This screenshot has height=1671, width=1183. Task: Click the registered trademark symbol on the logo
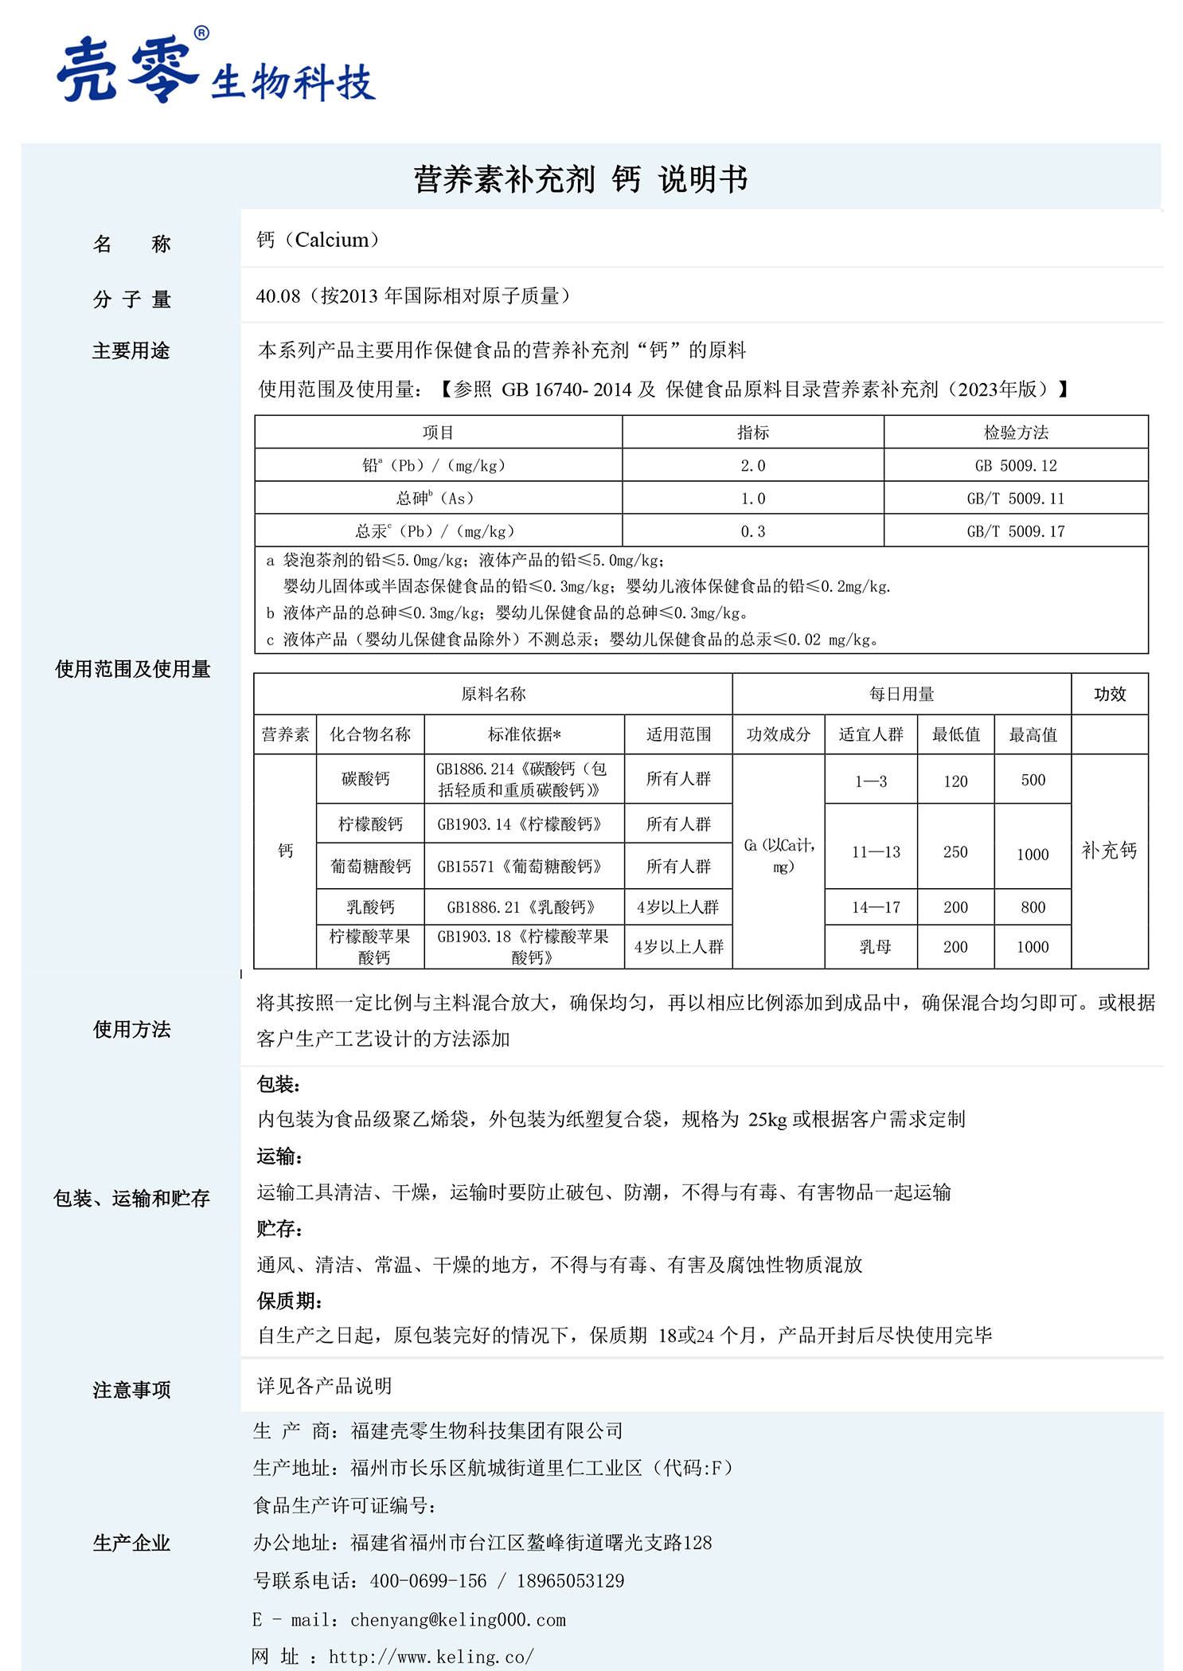tap(201, 33)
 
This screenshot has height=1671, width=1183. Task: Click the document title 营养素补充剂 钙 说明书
tap(580, 179)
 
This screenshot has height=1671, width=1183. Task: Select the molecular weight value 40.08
tap(278, 296)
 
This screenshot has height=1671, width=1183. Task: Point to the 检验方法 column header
tap(1016, 432)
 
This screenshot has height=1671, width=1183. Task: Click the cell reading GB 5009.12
tap(1016, 466)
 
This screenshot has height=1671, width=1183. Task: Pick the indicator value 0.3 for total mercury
tap(752, 531)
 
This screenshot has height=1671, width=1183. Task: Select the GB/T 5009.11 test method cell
tap(1016, 499)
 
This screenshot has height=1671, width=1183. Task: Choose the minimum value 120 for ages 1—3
tap(955, 781)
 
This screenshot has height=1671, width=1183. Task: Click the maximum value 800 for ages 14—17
tap(1033, 907)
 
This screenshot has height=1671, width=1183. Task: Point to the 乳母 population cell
tap(875, 947)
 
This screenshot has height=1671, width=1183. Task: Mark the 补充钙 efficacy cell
tap(1109, 851)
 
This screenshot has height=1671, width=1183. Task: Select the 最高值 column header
tap(1033, 734)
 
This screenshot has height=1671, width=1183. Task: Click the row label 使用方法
tap(132, 1030)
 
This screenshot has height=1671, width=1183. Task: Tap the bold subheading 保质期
tap(288, 1301)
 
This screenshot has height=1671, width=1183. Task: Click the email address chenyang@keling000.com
tap(458, 1619)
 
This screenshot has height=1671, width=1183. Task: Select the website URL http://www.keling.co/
tap(431, 1657)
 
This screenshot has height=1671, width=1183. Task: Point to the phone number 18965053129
tap(570, 1581)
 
